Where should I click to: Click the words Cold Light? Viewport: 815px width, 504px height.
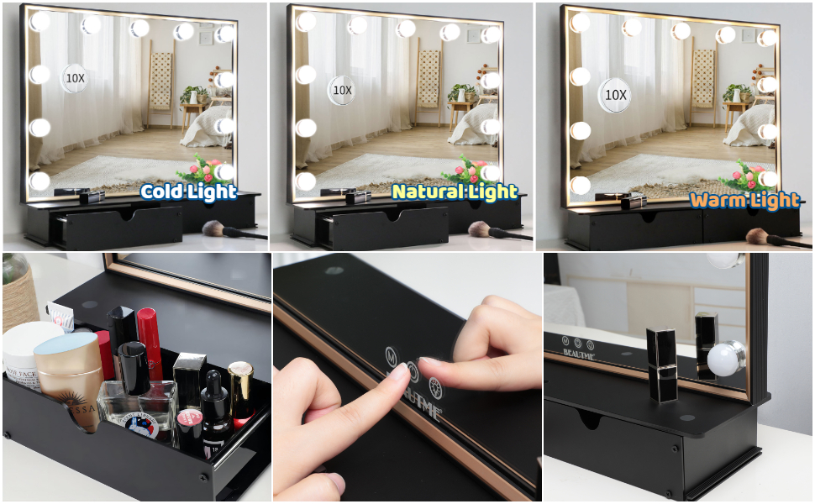pyautogui.click(x=188, y=192)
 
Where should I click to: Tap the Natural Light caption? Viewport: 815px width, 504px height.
pyautogui.click(x=455, y=192)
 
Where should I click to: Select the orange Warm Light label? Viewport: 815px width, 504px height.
pyautogui.click(x=744, y=200)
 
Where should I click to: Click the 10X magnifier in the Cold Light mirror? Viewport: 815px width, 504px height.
pyautogui.click(x=74, y=77)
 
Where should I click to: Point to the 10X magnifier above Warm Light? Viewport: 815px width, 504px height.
pyautogui.click(x=615, y=95)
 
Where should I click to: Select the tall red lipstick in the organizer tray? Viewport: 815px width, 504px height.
pyautogui.click(x=150, y=339)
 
